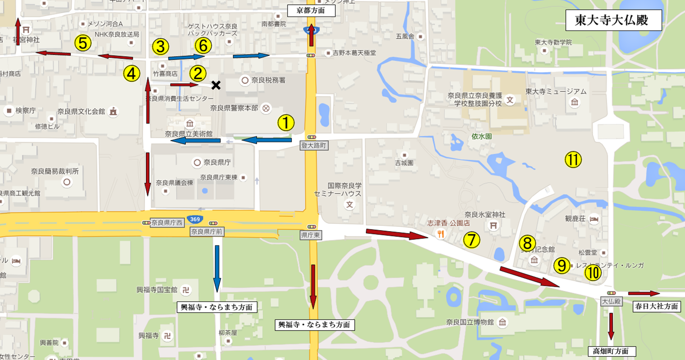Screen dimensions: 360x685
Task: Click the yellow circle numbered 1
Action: tap(285, 123)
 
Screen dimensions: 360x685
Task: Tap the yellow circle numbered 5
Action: tap(83, 43)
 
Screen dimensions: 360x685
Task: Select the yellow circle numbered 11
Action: tap(573, 160)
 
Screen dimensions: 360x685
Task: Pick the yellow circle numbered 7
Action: tap(472, 239)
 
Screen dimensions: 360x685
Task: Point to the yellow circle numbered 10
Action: tap(593, 273)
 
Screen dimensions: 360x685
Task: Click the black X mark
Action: tap(215, 85)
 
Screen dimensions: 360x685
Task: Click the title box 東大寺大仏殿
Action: tap(613, 21)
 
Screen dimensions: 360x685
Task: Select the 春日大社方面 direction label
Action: tap(656, 306)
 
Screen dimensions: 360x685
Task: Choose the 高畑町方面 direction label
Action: tap(611, 351)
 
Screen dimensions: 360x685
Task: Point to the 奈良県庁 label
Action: tap(215, 162)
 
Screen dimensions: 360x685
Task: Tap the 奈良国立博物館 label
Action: tap(470, 322)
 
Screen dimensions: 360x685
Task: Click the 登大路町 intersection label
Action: tap(313, 145)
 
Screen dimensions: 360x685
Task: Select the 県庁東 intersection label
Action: tap(311, 235)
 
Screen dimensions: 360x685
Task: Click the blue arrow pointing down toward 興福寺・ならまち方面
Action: tap(217, 268)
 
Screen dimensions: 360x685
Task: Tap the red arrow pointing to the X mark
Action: tap(184, 85)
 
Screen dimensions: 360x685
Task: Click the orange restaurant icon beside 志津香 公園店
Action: tap(441, 234)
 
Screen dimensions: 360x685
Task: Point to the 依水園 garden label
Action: tap(482, 137)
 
